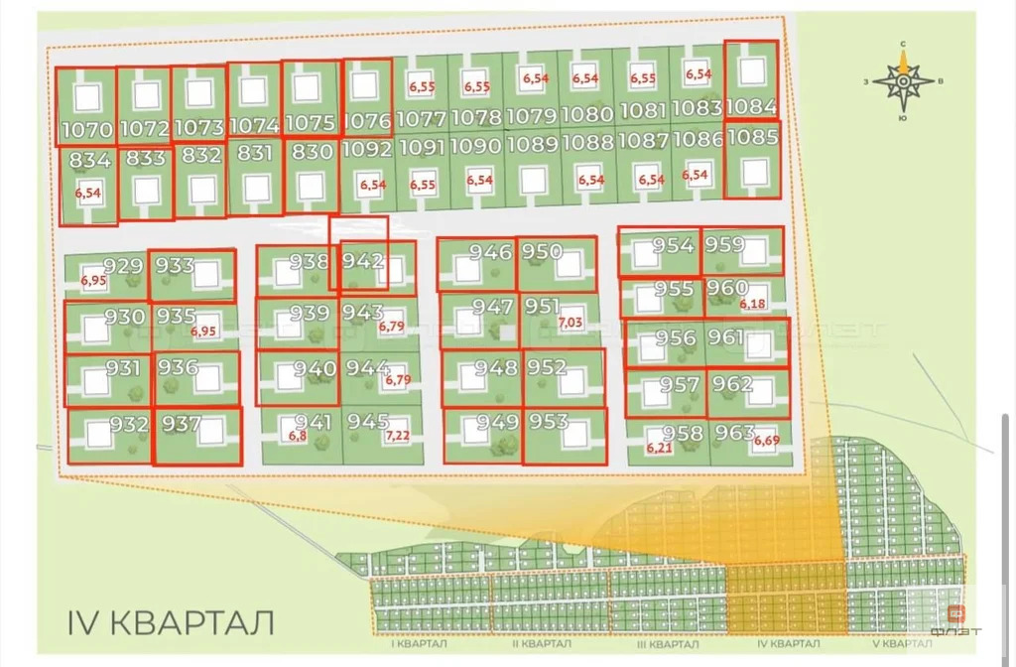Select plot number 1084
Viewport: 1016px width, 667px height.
pyautogui.click(x=751, y=106)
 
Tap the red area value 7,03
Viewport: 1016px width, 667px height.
pyautogui.click(x=571, y=323)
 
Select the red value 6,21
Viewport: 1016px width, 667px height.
pyautogui.click(x=659, y=449)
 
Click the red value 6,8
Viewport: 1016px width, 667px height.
pyautogui.click(x=298, y=435)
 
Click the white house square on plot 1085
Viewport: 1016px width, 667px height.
pyautogui.click(x=755, y=172)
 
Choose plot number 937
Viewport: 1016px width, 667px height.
pyautogui.click(x=182, y=425)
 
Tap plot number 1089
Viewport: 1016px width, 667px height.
pyautogui.click(x=533, y=143)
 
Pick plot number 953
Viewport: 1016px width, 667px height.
pyautogui.click(x=549, y=422)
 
